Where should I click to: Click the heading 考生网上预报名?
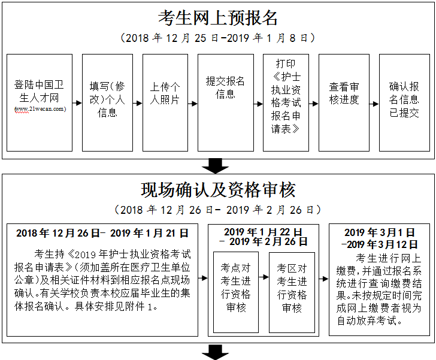pyautogui.click(x=218, y=17)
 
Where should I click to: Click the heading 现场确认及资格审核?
pyautogui.click(x=218, y=190)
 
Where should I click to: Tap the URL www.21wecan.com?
pyautogui.click(x=40, y=109)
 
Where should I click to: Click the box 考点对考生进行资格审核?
pyautogui.click(x=236, y=292)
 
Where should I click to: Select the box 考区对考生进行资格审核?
pyautogui.click(x=292, y=292)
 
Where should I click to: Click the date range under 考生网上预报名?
pyautogui.click(x=218, y=38)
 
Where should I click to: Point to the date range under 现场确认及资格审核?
pyautogui.click(x=218, y=210)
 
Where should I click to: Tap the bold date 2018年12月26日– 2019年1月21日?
pyautogui.click(x=102, y=233)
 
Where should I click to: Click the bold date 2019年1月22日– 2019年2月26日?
pyautogui.click(x=264, y=237)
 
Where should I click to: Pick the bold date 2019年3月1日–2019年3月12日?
pyautogui.click(x=380, y=238)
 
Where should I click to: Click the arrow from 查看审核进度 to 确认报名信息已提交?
pyautogui.click(x=375, y=102)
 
